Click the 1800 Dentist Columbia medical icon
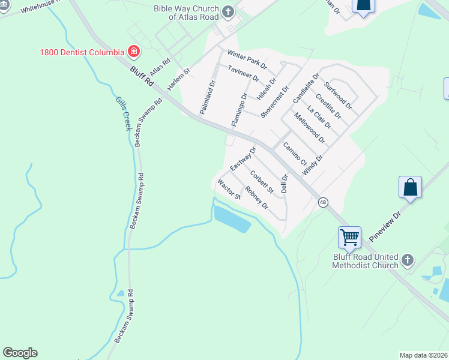[133, 52]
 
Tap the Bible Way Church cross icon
[228, 11]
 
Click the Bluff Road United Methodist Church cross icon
[408, 260]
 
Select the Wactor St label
[229, 189]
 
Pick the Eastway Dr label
[243, 158]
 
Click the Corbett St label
[262, 183]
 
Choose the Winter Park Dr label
[247, 58]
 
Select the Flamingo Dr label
[240, 110]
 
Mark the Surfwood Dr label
[338, 96]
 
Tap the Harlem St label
[178, 79]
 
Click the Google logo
[20, 353]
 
